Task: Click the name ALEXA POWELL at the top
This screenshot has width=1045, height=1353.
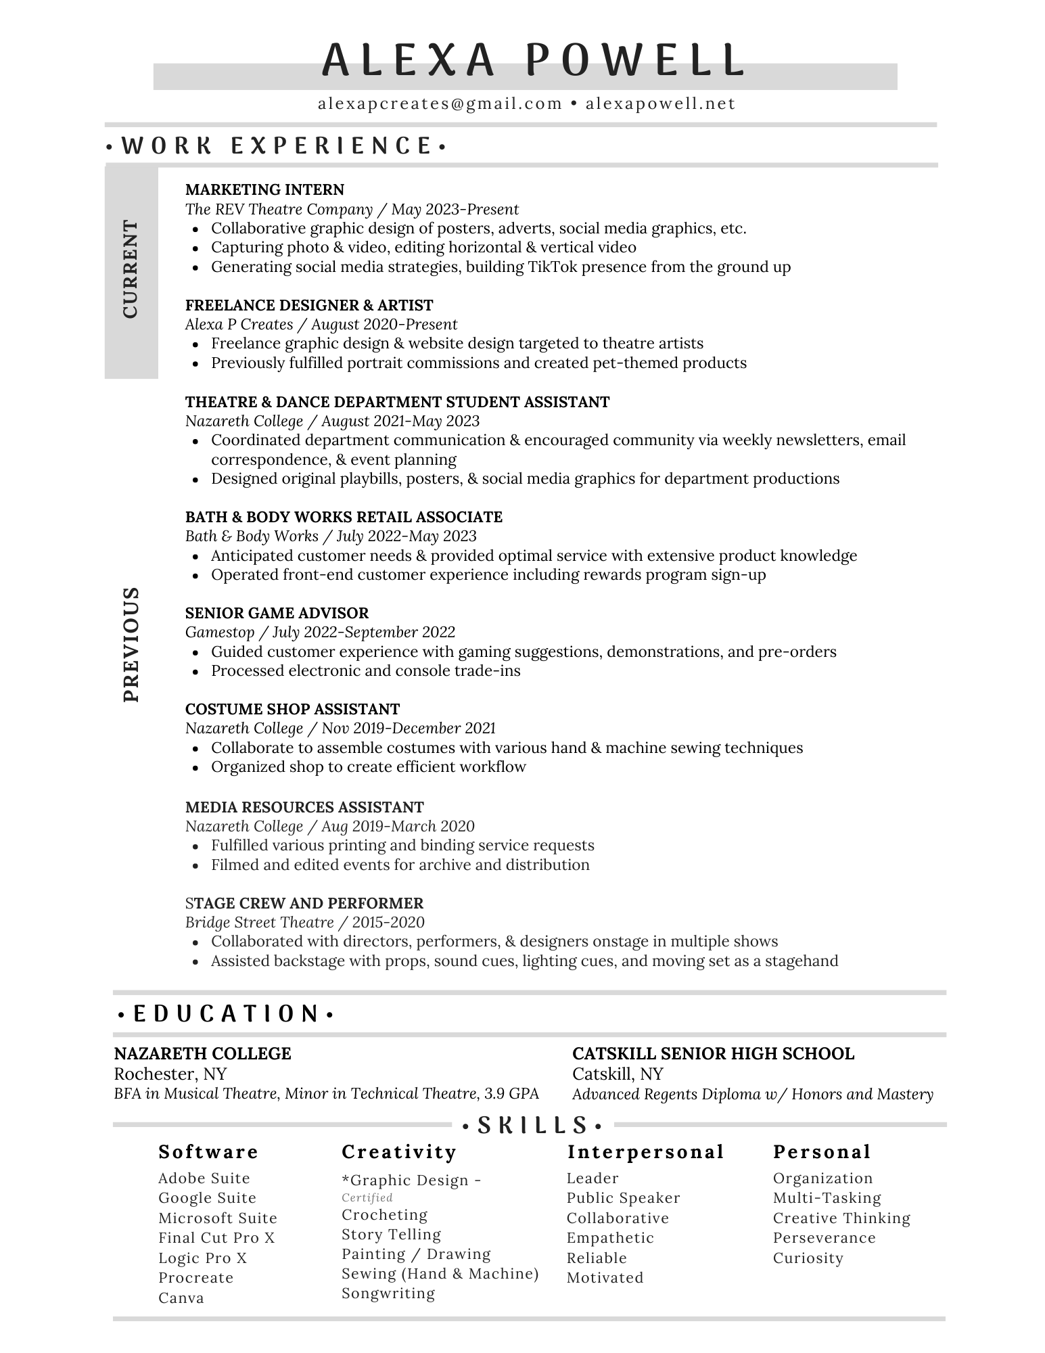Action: [x=532, y=60]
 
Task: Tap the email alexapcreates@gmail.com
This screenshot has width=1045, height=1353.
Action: [x=440, y=104]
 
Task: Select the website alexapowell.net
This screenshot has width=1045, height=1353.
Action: [x=660, y=104]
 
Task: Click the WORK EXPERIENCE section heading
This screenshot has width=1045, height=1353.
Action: [x=277, y=145]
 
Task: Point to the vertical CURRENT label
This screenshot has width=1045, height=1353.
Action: [x=131, y=269]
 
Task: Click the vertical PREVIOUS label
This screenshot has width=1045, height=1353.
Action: [x=131, y=644]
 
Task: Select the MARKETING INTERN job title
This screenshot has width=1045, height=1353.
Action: [x=264, y=189]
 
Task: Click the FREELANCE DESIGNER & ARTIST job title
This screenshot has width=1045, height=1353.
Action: [x=309, y=305]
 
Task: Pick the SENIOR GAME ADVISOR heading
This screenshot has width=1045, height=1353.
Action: [x=277, y=613]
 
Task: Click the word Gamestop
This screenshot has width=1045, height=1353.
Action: [x=220, y=633]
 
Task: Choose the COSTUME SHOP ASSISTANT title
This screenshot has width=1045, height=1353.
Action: [x=292, y=709]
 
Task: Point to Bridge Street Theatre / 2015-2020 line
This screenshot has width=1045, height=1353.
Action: [x=305, y=923]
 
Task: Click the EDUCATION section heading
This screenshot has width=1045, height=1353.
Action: [x=226, y=1014]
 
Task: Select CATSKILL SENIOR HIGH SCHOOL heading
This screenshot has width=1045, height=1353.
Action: [x=713, y=1053]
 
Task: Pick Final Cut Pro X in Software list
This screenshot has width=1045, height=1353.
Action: [x=216, y=1238]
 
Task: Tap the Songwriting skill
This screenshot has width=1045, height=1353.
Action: [x=388, y=1293]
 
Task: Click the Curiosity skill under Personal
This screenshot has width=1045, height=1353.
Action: [x=808, y=1258]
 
